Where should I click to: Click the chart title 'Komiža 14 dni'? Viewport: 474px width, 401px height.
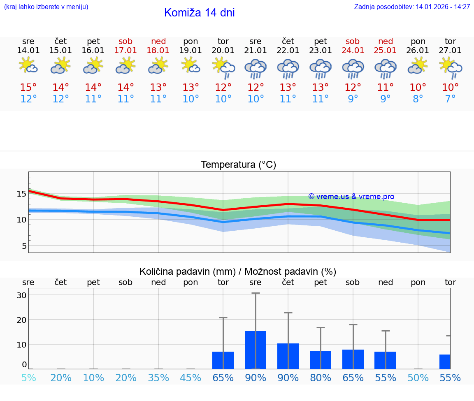(x=199, y=13)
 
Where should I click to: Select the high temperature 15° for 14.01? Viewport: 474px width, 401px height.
(x=28, y=88)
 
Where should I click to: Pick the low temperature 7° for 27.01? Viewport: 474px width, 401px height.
(x=450, y=99)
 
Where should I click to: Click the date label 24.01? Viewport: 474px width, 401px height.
(x=353, y=51)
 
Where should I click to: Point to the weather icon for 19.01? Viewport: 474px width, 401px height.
(x=191, y=66)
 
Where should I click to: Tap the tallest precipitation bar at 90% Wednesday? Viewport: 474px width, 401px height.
(x=256, y=350)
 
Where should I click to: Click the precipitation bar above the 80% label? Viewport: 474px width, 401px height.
(x=321, y=359)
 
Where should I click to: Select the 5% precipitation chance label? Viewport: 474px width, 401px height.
(x=28, y=378)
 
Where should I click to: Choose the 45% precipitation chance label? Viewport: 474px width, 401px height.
(x=191, y=378)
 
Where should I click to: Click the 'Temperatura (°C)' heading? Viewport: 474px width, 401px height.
(x=238, y=165)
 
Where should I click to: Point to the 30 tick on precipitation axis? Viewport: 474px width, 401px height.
(x=22, y=295)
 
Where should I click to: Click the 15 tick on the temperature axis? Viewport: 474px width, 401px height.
(x=22, y=193)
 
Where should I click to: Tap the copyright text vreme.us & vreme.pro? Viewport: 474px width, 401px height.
(x=351, y=197)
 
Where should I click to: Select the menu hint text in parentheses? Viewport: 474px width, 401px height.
(x=46, y=7)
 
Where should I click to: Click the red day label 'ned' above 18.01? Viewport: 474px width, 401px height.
(x=158, y=41)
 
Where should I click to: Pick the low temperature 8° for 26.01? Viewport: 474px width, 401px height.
(x=418, y=99)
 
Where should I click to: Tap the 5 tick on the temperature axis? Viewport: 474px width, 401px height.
(x=24, y=246)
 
